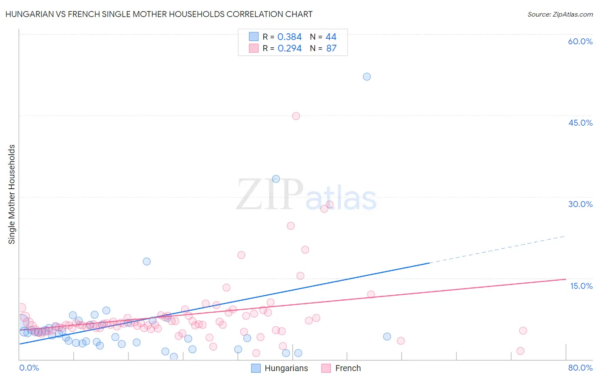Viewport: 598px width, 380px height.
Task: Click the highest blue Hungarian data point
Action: click(367, 77)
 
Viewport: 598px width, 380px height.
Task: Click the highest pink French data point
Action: click(296, 116)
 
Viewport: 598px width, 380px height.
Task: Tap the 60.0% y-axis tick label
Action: click(580, 41)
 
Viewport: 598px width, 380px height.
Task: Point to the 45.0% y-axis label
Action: click(580, 123)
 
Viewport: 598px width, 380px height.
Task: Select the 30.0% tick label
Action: click(580, 204)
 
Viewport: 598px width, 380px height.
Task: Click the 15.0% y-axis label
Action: click(581, 286)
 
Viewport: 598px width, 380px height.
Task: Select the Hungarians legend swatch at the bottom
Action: click(256, 368)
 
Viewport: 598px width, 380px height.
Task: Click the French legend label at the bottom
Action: click(347, 368)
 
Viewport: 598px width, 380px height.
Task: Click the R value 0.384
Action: click(289, 37)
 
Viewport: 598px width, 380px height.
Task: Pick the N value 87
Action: click(331, 49)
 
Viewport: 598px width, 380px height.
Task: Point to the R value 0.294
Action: click(289, 49)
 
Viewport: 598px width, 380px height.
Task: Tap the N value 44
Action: click(331, 37)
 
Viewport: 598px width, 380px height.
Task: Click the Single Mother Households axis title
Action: click(12, 194)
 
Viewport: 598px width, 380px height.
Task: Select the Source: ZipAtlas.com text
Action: click(560, 14)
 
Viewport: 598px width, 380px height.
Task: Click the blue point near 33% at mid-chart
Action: click(276, 179)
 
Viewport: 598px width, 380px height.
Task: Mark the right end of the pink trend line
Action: click(566, 279)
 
